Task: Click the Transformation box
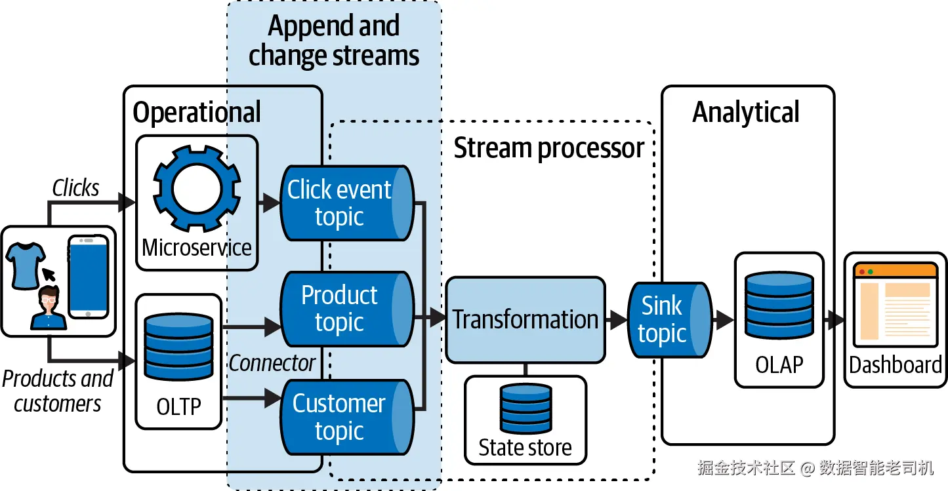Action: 525,320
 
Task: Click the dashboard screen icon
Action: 895,305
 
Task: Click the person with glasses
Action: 49,308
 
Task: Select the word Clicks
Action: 75,189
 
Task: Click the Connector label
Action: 272,363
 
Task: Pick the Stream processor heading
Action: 549,148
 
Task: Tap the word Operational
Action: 197,113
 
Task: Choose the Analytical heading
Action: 746,112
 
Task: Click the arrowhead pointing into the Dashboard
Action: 836,320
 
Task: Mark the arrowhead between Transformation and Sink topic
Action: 618,320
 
